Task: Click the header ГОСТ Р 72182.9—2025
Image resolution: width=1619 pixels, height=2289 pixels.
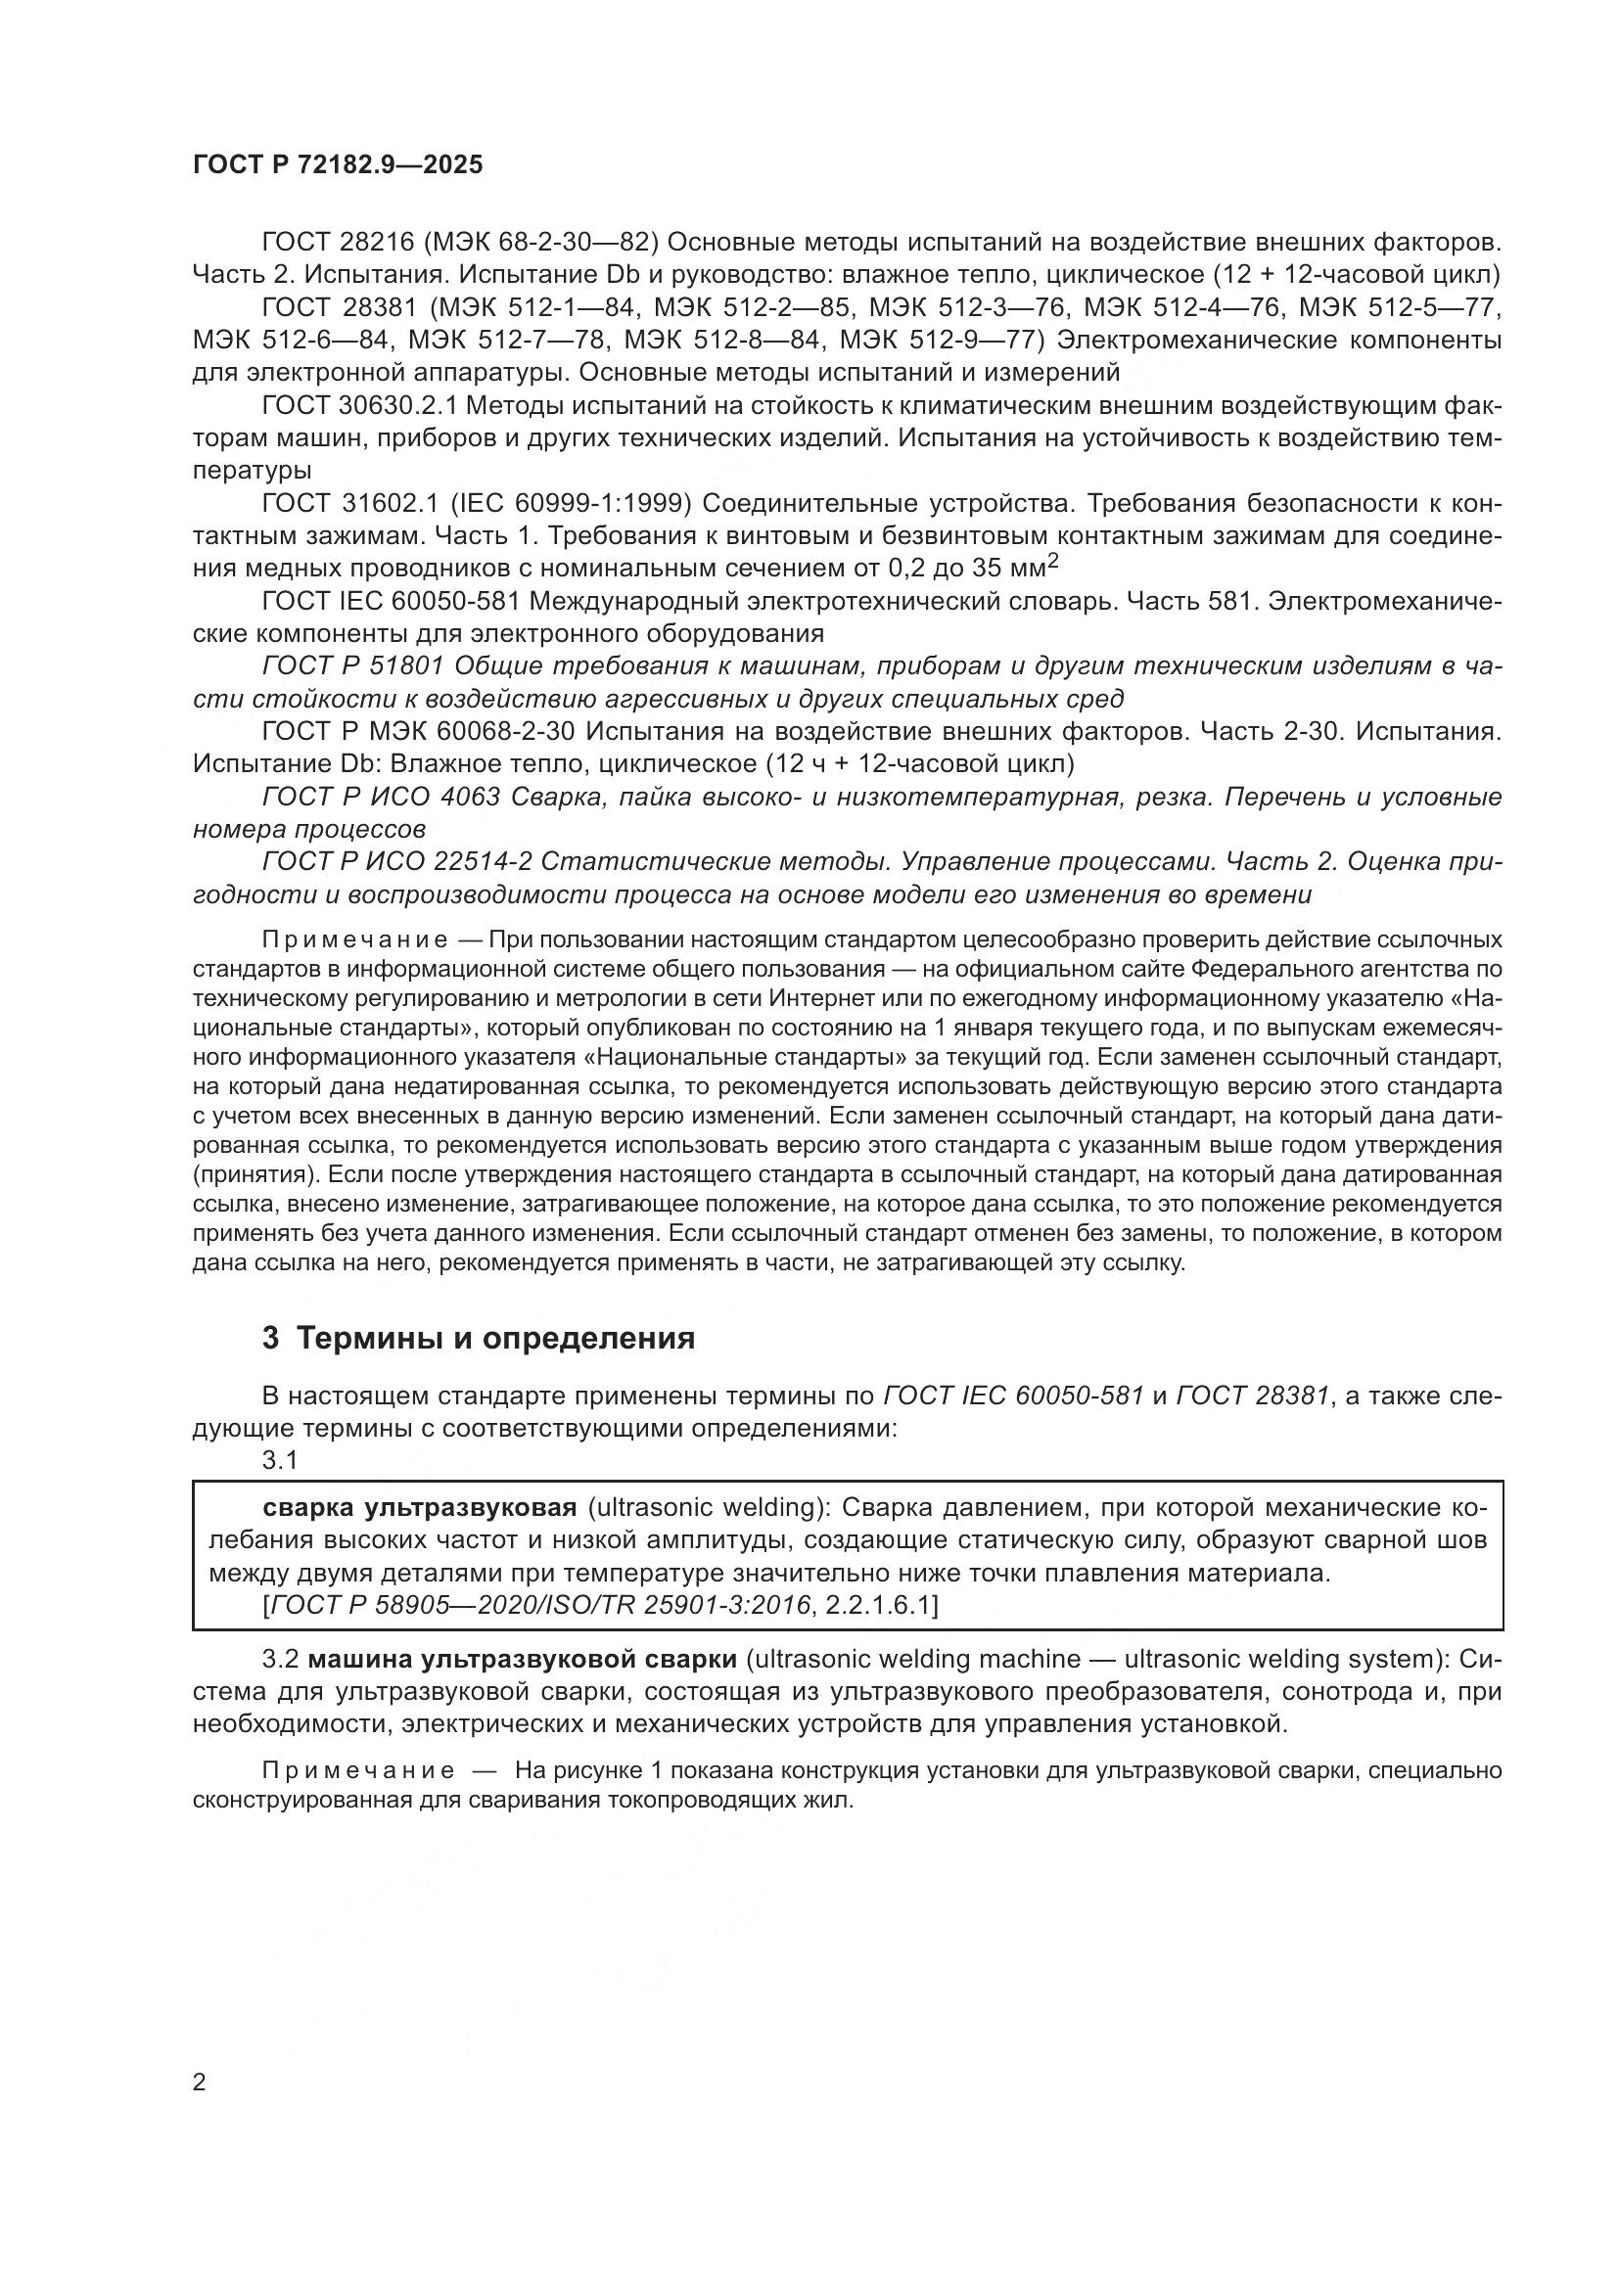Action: click(x=337, y=164)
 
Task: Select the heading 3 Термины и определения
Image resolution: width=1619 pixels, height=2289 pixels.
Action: click(x=479, y=1337)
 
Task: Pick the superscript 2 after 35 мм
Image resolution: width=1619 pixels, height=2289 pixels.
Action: click(x=1053, y=562)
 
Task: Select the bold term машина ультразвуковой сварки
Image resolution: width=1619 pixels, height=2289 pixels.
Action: click(x=523, y=1659)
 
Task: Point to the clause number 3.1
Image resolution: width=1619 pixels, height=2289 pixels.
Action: click(x=280, y=1460)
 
